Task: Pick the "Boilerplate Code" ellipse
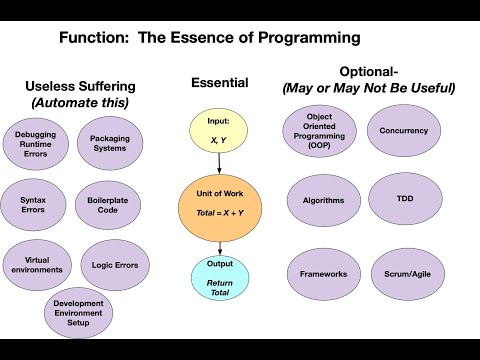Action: point(108,204)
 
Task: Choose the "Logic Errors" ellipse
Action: point(114,264)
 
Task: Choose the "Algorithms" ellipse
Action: point(323,200)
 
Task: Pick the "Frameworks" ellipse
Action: point(323,272)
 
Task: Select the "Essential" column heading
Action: point(219,86)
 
